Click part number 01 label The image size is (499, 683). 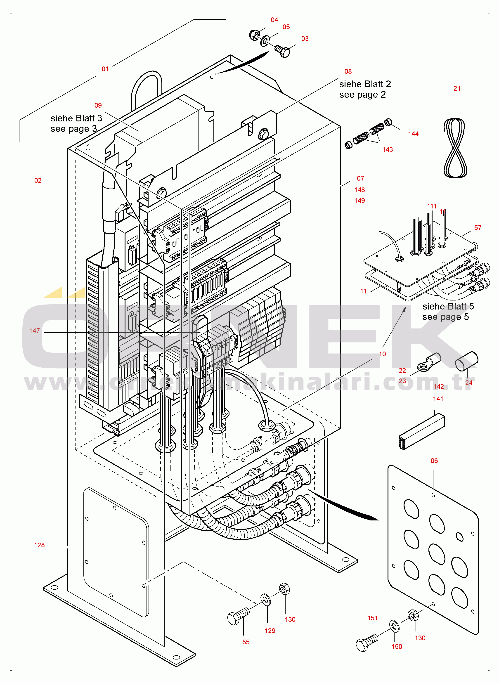[x=105, y=69]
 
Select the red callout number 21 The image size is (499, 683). [x=457, y=88]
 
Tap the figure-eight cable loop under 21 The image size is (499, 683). [x=455, y=148]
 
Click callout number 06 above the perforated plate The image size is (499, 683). [x=434, y=461]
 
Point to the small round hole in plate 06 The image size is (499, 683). [x=459, y=537]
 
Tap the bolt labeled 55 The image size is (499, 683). [x=238, y=616]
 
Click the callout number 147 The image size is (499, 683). [x=34, y=331]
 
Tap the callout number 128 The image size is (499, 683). [x=39, y=545]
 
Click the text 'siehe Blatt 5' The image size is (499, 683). [x=448, y=306]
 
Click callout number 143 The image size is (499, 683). [x=388, y=149]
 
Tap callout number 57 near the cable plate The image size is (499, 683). [x=478, y=227]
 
